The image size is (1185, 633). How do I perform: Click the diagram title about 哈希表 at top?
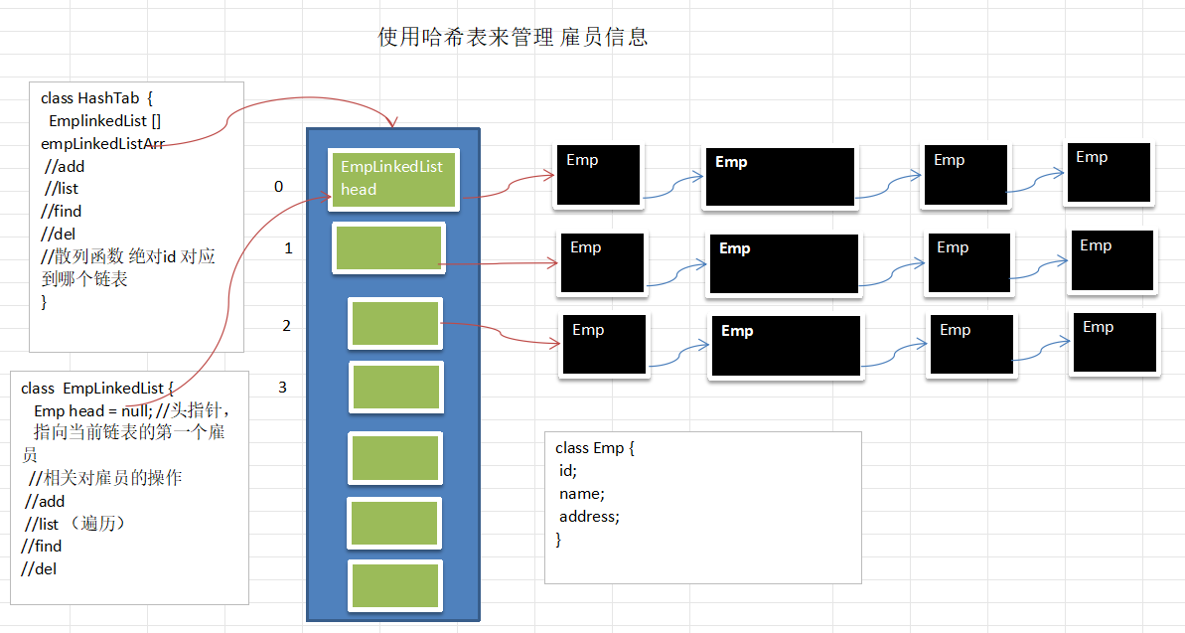tap(513, 38)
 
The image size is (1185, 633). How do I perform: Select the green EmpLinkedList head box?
tap(393, 179)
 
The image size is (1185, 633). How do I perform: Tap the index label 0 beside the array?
tap(278, 187)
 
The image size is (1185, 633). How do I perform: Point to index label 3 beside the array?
tap(282, 387)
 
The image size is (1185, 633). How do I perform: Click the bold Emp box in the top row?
tap(780, 177)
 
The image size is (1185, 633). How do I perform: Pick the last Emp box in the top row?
tap(1109, 173)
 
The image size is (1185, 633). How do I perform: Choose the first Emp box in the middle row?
tap(602, 263)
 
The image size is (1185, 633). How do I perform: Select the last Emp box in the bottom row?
tap(1113, 343)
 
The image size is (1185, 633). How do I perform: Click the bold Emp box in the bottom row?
tap(785, 345)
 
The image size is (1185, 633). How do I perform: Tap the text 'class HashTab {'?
tap(95, 97)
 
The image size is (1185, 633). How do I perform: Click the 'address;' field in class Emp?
tap(589, 517)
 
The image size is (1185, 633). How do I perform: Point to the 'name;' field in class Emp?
tap(581, 494)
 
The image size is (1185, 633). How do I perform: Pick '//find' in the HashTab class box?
tap(62, 211)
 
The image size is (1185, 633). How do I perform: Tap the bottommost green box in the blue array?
tap(395, 585)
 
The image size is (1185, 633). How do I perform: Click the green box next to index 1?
tap(388, 247)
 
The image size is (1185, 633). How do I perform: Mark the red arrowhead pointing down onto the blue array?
tap(393, 123)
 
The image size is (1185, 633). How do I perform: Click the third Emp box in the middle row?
tap(968, 263)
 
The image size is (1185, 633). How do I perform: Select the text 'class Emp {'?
tap(594, 448)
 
